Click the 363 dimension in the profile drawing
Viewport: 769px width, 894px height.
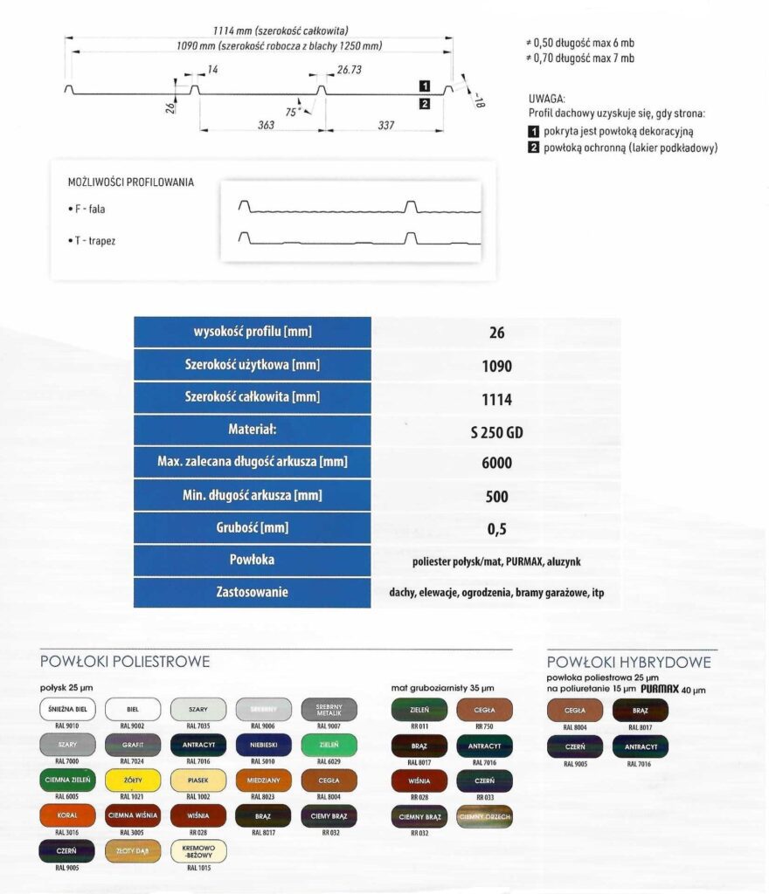[x=266, y=126]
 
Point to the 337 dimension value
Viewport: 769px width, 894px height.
[x=385, y=126]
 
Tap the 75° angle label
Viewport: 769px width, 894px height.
[x=292, y=111]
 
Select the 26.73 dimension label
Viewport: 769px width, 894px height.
[x=349, y=69]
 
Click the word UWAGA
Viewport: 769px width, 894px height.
[x=548, y=100]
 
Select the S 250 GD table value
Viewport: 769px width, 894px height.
[x=496, y=431]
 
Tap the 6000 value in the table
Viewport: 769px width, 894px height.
[x=496, y=464]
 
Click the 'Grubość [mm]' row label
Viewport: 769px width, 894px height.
[x=253, y=528]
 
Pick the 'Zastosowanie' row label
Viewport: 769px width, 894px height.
[x=253, y=593]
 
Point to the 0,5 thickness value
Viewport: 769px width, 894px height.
[x=496, y=528]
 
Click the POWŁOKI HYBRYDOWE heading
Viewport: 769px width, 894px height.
[x=628, y=663]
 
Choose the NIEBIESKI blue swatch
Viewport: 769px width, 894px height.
[x=263, y=746]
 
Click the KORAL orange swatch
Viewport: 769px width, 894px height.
[x=66, y=815]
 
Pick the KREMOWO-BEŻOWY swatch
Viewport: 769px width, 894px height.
[x=198, y=850]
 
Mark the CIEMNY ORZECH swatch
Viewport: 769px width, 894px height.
[x=484, y=817]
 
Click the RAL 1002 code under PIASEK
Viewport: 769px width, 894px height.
[x=198, y=797]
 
